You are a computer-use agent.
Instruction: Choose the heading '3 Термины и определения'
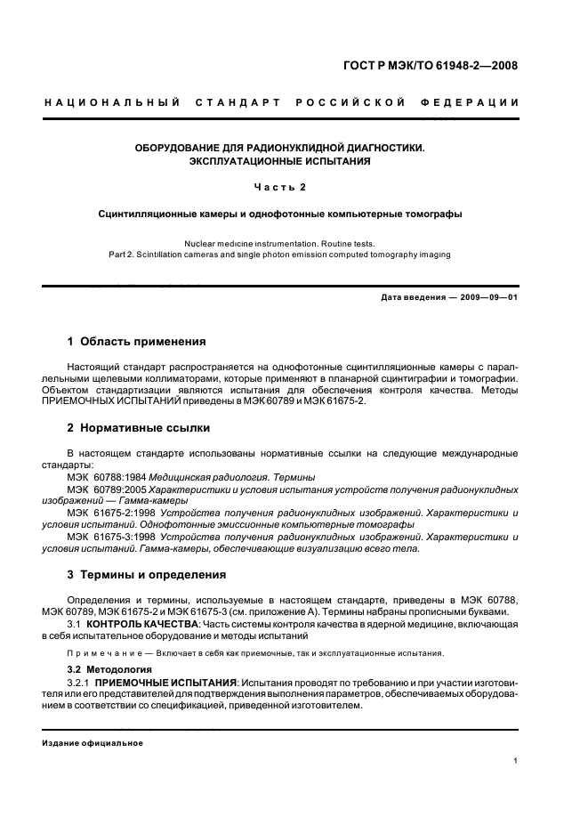click(x=147, y=574)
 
